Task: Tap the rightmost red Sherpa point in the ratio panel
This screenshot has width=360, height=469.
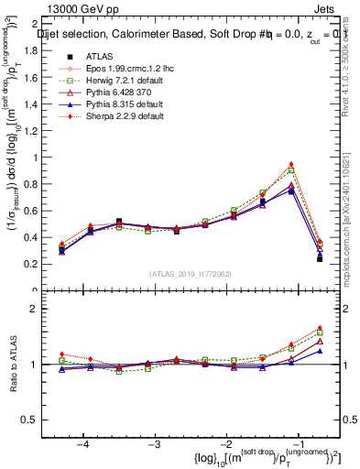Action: pos(320,327)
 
